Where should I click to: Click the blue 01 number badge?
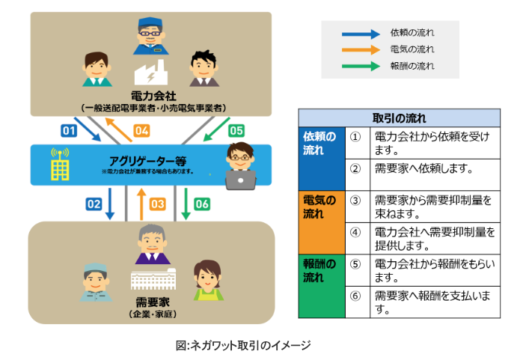(x=69, y=131)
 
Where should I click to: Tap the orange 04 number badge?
(x=141, y=131)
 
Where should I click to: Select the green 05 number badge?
(x=236, y=131)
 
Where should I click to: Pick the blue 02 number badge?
(x=94, y=203)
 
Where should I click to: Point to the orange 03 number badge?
(x=157, y=203)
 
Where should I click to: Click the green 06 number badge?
(x=202, y=203)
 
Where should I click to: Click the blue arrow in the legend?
(x=360, y=34)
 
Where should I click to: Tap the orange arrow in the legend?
(x=360, y=49)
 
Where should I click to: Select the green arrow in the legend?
(x=360, y=66)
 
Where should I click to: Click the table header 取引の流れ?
(x=399, y=118)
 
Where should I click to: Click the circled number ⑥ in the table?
(x=355, y=295)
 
